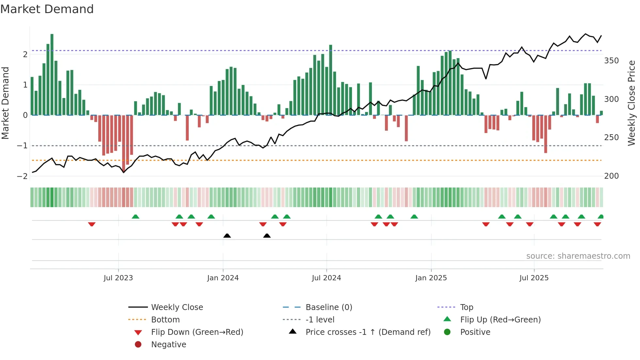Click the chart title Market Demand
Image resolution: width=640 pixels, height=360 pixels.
tap(47, 9)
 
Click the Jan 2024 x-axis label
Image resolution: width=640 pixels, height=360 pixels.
tap(223, 278)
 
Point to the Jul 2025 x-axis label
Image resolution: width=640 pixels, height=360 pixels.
tap(534, 278)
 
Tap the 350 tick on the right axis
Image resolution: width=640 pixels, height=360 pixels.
tap(611, 61)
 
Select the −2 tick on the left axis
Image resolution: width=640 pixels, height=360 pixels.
tap(22, 176)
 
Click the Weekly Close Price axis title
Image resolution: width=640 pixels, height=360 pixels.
tap(632, 103)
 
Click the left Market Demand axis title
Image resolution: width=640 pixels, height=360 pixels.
tap(5, 103)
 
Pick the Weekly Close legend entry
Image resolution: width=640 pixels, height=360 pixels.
tap(177, 307)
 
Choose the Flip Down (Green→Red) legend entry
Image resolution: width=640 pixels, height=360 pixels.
tap(197, 332)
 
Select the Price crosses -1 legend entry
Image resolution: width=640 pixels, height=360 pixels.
tap(368, 332)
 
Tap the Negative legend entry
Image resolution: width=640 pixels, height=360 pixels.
tap(168, 345)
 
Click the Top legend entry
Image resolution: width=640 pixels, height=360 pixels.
tap(466, 307)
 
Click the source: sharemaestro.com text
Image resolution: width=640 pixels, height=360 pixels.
tap(578, 256)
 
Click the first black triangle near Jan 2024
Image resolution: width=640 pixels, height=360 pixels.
tap(227, 236)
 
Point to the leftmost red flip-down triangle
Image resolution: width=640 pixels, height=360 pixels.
tap(92, 224)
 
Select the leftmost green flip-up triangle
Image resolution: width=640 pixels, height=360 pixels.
tap(136, 217)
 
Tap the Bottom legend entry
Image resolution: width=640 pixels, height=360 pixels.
tap(165, 320)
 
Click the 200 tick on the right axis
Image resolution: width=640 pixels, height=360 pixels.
tap(611, 176)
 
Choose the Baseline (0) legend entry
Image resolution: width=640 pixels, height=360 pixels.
tap(328, 307)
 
